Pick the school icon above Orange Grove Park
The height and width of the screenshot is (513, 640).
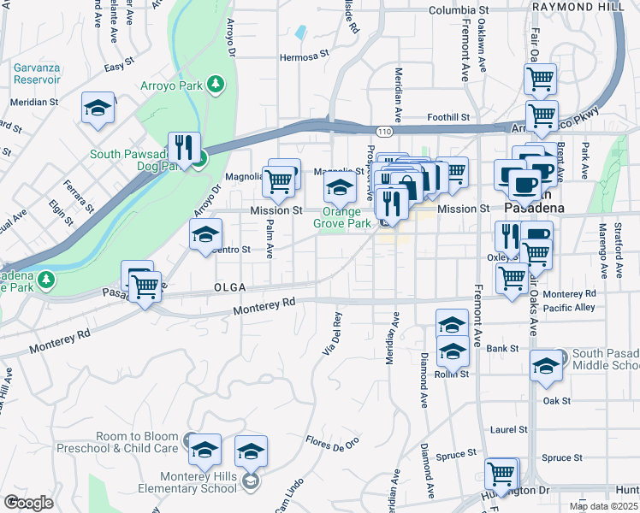[340, 187]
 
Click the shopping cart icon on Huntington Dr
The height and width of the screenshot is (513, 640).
[501, 473]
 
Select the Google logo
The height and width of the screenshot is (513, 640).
[28, 503]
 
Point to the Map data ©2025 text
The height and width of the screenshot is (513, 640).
[602, 506]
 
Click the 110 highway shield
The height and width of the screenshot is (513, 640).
[384, 131]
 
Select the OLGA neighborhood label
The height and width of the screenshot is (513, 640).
[231, 286]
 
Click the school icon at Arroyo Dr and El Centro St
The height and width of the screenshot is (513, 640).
[205, 234]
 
